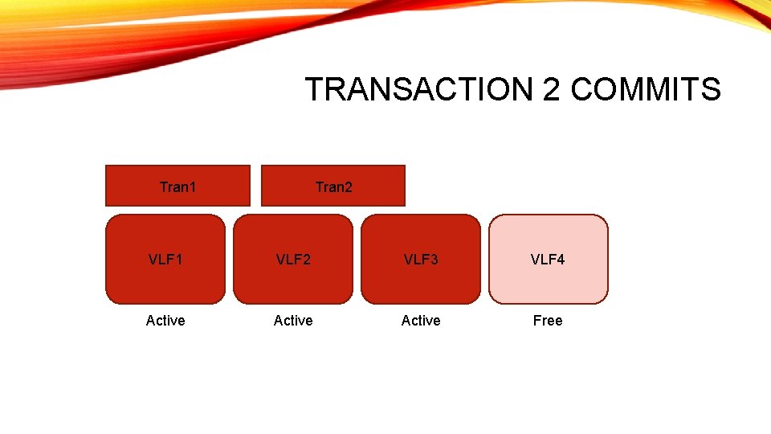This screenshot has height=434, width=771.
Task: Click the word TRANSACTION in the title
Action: click(x=420, y=89)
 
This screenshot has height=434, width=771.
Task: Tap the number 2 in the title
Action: click(x=552, y=89)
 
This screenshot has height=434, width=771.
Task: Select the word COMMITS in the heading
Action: click(x=646, y=89)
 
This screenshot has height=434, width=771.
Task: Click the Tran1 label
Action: click(x=177, y=187)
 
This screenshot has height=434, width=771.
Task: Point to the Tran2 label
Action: click(x=333, y=187)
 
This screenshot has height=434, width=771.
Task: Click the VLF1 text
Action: click(x=165, y=260)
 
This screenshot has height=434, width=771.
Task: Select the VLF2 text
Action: click(x=293, y=260)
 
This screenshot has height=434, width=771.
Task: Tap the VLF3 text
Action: click(x=421, y=260)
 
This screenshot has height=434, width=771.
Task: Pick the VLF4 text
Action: click(x=548, y=260)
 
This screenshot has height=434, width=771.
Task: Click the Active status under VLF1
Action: click(x=165, y=321)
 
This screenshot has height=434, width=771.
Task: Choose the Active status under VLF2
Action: click(x=293, y=321)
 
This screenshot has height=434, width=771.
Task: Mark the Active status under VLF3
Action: click(x=421, y=321)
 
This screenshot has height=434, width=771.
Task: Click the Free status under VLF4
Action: click(x=548, y=321)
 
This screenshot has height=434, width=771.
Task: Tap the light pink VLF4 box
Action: click(x=549, y=281)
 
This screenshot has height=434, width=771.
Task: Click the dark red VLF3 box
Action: click(x=421, y=281)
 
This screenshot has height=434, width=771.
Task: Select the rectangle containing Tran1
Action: click(x=128, y=186)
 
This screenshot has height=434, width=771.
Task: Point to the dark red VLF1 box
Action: click(x=165, y=281)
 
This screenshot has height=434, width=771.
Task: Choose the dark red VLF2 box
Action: click(x=293, y=281)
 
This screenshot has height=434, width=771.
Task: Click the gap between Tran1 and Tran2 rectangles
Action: click(x=256, y=186)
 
